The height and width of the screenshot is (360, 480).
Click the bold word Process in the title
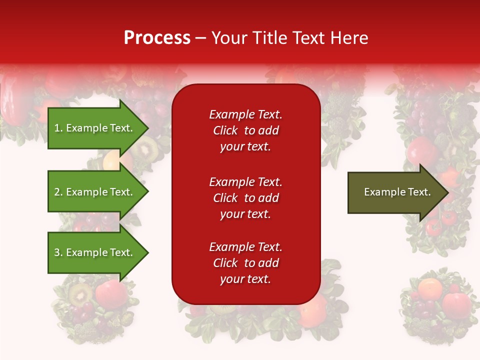coord(157,38)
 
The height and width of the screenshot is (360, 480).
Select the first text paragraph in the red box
coord(245,130)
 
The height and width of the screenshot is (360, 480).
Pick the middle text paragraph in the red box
coord(245,198)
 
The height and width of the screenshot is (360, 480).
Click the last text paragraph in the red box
coord(245,263)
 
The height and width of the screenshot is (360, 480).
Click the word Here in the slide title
coord(350,38)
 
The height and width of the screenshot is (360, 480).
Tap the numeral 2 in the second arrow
coord(57,192)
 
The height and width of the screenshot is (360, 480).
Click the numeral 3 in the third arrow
coord(57,252)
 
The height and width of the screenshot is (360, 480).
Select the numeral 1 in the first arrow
coord(56,128)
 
